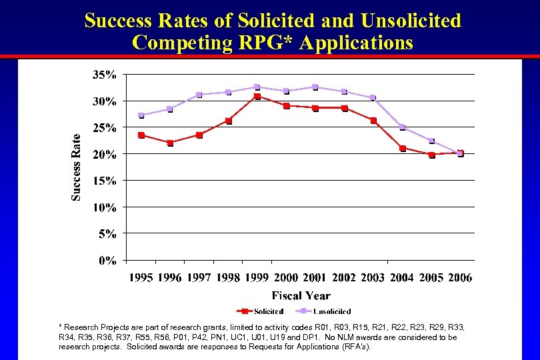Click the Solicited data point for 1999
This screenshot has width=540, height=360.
click(x=257, y=97)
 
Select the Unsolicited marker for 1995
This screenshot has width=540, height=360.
click(x=141, y=115)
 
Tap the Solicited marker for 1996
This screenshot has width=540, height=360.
click(x=170, y=143)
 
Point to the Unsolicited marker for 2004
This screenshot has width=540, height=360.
click(x=402, y=127)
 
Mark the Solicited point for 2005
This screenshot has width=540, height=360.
click(x=431, y=155)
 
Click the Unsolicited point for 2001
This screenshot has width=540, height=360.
click(x=315, y=87)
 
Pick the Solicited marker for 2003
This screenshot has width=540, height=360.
click(x=373, y=121)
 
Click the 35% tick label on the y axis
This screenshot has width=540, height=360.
click(x=103, y=75)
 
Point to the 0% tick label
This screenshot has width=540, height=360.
click(x=107, y=260)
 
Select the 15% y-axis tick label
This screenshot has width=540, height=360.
click(x=103, y=181)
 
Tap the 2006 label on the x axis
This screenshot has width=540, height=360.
click(x=460, y=278)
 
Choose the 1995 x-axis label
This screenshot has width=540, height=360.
click(x=141, y=278)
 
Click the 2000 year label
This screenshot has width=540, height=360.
click(x=286, y=278)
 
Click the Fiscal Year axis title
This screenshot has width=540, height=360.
click(x=301, y=295)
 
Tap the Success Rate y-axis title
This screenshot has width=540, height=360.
click(x=77, y=166)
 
